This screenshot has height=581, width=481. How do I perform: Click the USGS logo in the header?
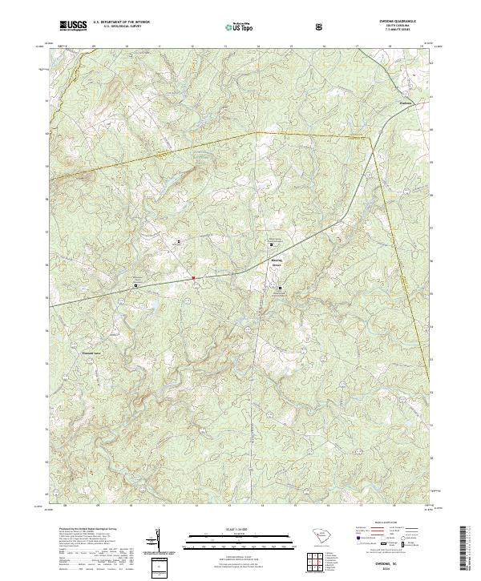(x=73, y=26)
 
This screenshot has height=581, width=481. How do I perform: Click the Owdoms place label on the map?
(x=405, y=102)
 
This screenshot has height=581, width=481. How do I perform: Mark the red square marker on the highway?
(x=193, y=279)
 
